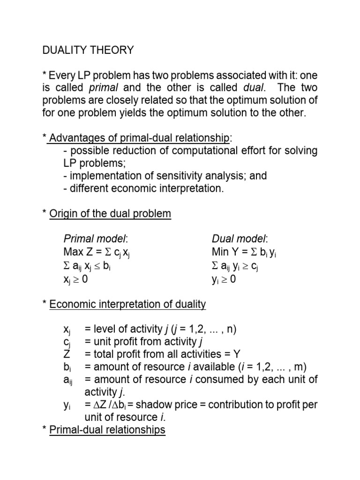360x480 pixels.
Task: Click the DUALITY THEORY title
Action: (x=88, y=50)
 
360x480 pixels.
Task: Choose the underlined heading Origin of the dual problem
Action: (x=110, y=214)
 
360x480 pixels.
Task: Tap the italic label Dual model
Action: (x=234, y=240)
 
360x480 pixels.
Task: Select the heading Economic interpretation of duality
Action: (x=127, y=304)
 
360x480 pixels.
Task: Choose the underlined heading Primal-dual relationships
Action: (x=107, y=429)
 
